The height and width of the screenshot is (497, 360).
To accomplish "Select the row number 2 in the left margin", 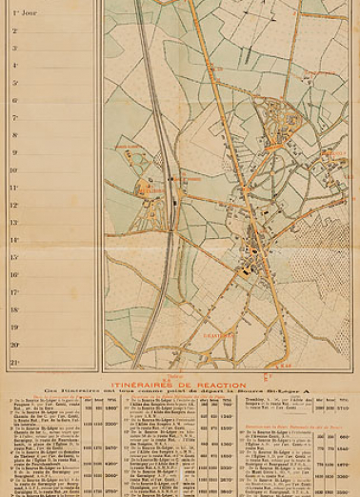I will tap(14, 30).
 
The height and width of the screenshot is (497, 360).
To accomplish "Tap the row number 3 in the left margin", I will tap(14, 48).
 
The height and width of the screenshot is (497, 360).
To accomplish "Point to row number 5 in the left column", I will tap(14, 83).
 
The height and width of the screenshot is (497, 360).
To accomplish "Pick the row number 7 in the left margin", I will tap(14, 118).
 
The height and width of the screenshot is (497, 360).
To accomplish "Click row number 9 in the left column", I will tap(14, 153).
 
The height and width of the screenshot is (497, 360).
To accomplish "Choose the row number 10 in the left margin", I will tap(14, 170).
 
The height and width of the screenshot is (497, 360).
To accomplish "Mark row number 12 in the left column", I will tap(14, 205).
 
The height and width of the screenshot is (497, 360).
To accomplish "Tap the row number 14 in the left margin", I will tap(14, 240).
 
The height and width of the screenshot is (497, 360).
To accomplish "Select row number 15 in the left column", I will tap(14, 257).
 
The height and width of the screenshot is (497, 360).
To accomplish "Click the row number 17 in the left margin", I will tap(14, 292).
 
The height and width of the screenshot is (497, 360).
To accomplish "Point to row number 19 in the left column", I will tap(14, 328).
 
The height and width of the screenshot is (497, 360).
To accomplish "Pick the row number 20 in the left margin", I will tap(14, 345).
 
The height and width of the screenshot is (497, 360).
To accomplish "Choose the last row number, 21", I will tap(14, 363).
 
